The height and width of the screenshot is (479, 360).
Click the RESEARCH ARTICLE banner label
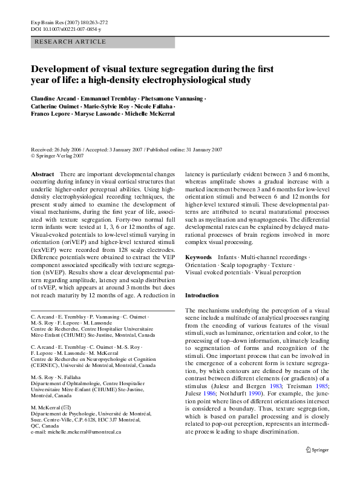[71, 42]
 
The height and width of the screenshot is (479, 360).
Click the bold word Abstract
[42, 174]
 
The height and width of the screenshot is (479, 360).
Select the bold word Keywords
[198, 274]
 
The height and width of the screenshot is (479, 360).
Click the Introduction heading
[201, 296]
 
